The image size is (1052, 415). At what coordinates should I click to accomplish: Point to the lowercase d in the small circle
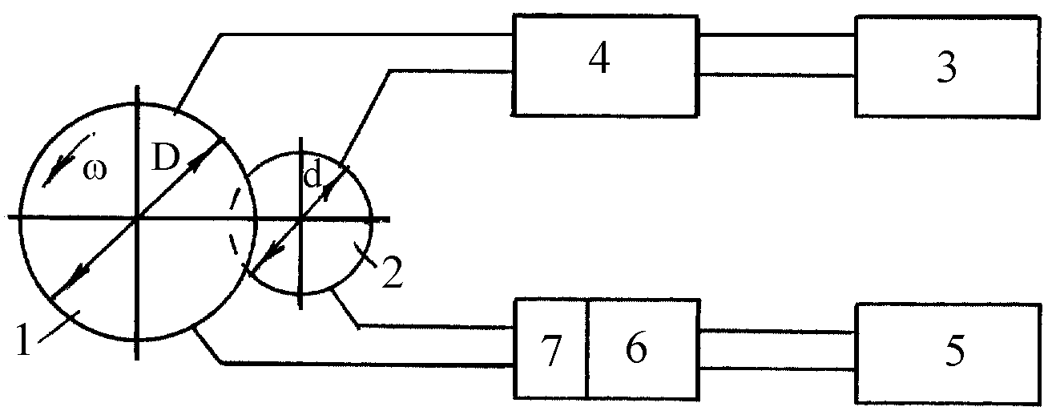click(312, 176)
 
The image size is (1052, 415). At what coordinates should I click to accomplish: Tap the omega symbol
click(95, 170)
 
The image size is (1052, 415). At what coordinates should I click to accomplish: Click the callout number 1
click(23, 340)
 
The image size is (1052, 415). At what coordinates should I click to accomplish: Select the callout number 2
click(392, 272)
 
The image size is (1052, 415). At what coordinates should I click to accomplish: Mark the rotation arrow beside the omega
click(67, 160)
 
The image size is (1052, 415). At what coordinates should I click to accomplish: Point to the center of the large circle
click(137, 218)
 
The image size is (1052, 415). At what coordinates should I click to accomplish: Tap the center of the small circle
click(300, 218)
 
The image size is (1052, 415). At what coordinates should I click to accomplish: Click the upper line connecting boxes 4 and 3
click(777, 35)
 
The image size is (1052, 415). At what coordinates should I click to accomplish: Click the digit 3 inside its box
click(946, 67)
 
